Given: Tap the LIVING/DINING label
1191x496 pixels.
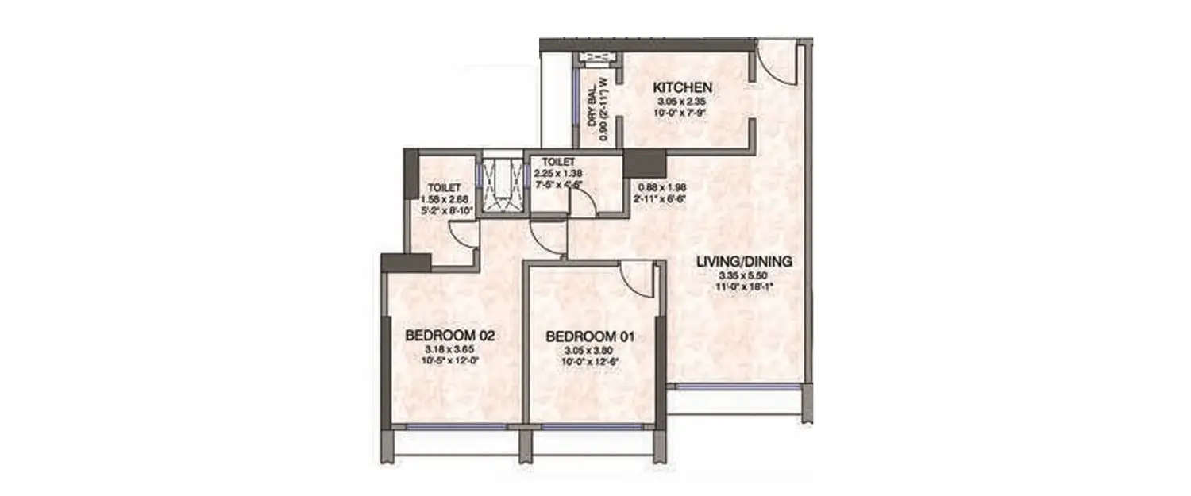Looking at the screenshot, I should click(745, 260).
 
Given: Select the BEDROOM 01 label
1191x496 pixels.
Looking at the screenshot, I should click(591, 338).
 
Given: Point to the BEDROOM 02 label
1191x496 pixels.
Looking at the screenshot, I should click(450, 336).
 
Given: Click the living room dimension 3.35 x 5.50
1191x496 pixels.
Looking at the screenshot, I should click(745, 275).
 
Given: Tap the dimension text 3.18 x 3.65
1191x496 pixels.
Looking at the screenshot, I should click(450, 350).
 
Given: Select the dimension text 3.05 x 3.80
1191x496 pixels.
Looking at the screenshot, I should click(591, 352).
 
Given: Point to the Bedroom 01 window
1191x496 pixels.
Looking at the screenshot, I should click(592, 426).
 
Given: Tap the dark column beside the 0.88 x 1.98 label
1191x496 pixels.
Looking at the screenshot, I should click(644, 163).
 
